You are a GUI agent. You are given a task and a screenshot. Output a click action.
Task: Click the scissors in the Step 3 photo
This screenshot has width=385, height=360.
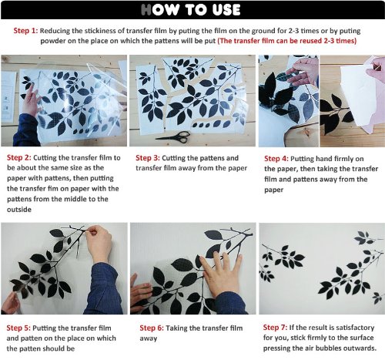(174, 136)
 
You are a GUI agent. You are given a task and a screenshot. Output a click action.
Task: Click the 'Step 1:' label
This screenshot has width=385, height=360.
(25, 31)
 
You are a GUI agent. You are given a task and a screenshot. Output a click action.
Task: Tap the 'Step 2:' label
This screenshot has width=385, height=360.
(19, 157)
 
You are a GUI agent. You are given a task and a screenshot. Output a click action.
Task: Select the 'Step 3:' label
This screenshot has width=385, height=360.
(148, 158)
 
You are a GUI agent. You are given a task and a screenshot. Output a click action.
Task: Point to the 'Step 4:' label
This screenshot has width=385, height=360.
(276, 159)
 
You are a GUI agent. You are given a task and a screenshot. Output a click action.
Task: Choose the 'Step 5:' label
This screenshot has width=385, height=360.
(18, 328)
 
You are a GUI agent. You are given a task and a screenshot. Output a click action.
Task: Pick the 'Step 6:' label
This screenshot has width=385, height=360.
(152, 328)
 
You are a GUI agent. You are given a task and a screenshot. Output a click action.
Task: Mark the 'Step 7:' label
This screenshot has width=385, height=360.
(275, 328)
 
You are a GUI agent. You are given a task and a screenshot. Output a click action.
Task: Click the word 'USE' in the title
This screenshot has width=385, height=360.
(226, 10)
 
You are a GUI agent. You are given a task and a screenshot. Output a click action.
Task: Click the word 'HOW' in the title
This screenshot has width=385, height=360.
(160, 10)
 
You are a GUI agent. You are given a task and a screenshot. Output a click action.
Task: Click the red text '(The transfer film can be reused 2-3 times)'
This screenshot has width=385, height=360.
(287, 41)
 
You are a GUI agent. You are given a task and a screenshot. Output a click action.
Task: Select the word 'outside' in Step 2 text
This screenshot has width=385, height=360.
(19, 210)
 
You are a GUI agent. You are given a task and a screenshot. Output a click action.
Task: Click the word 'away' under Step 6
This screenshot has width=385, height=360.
(149, 338)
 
